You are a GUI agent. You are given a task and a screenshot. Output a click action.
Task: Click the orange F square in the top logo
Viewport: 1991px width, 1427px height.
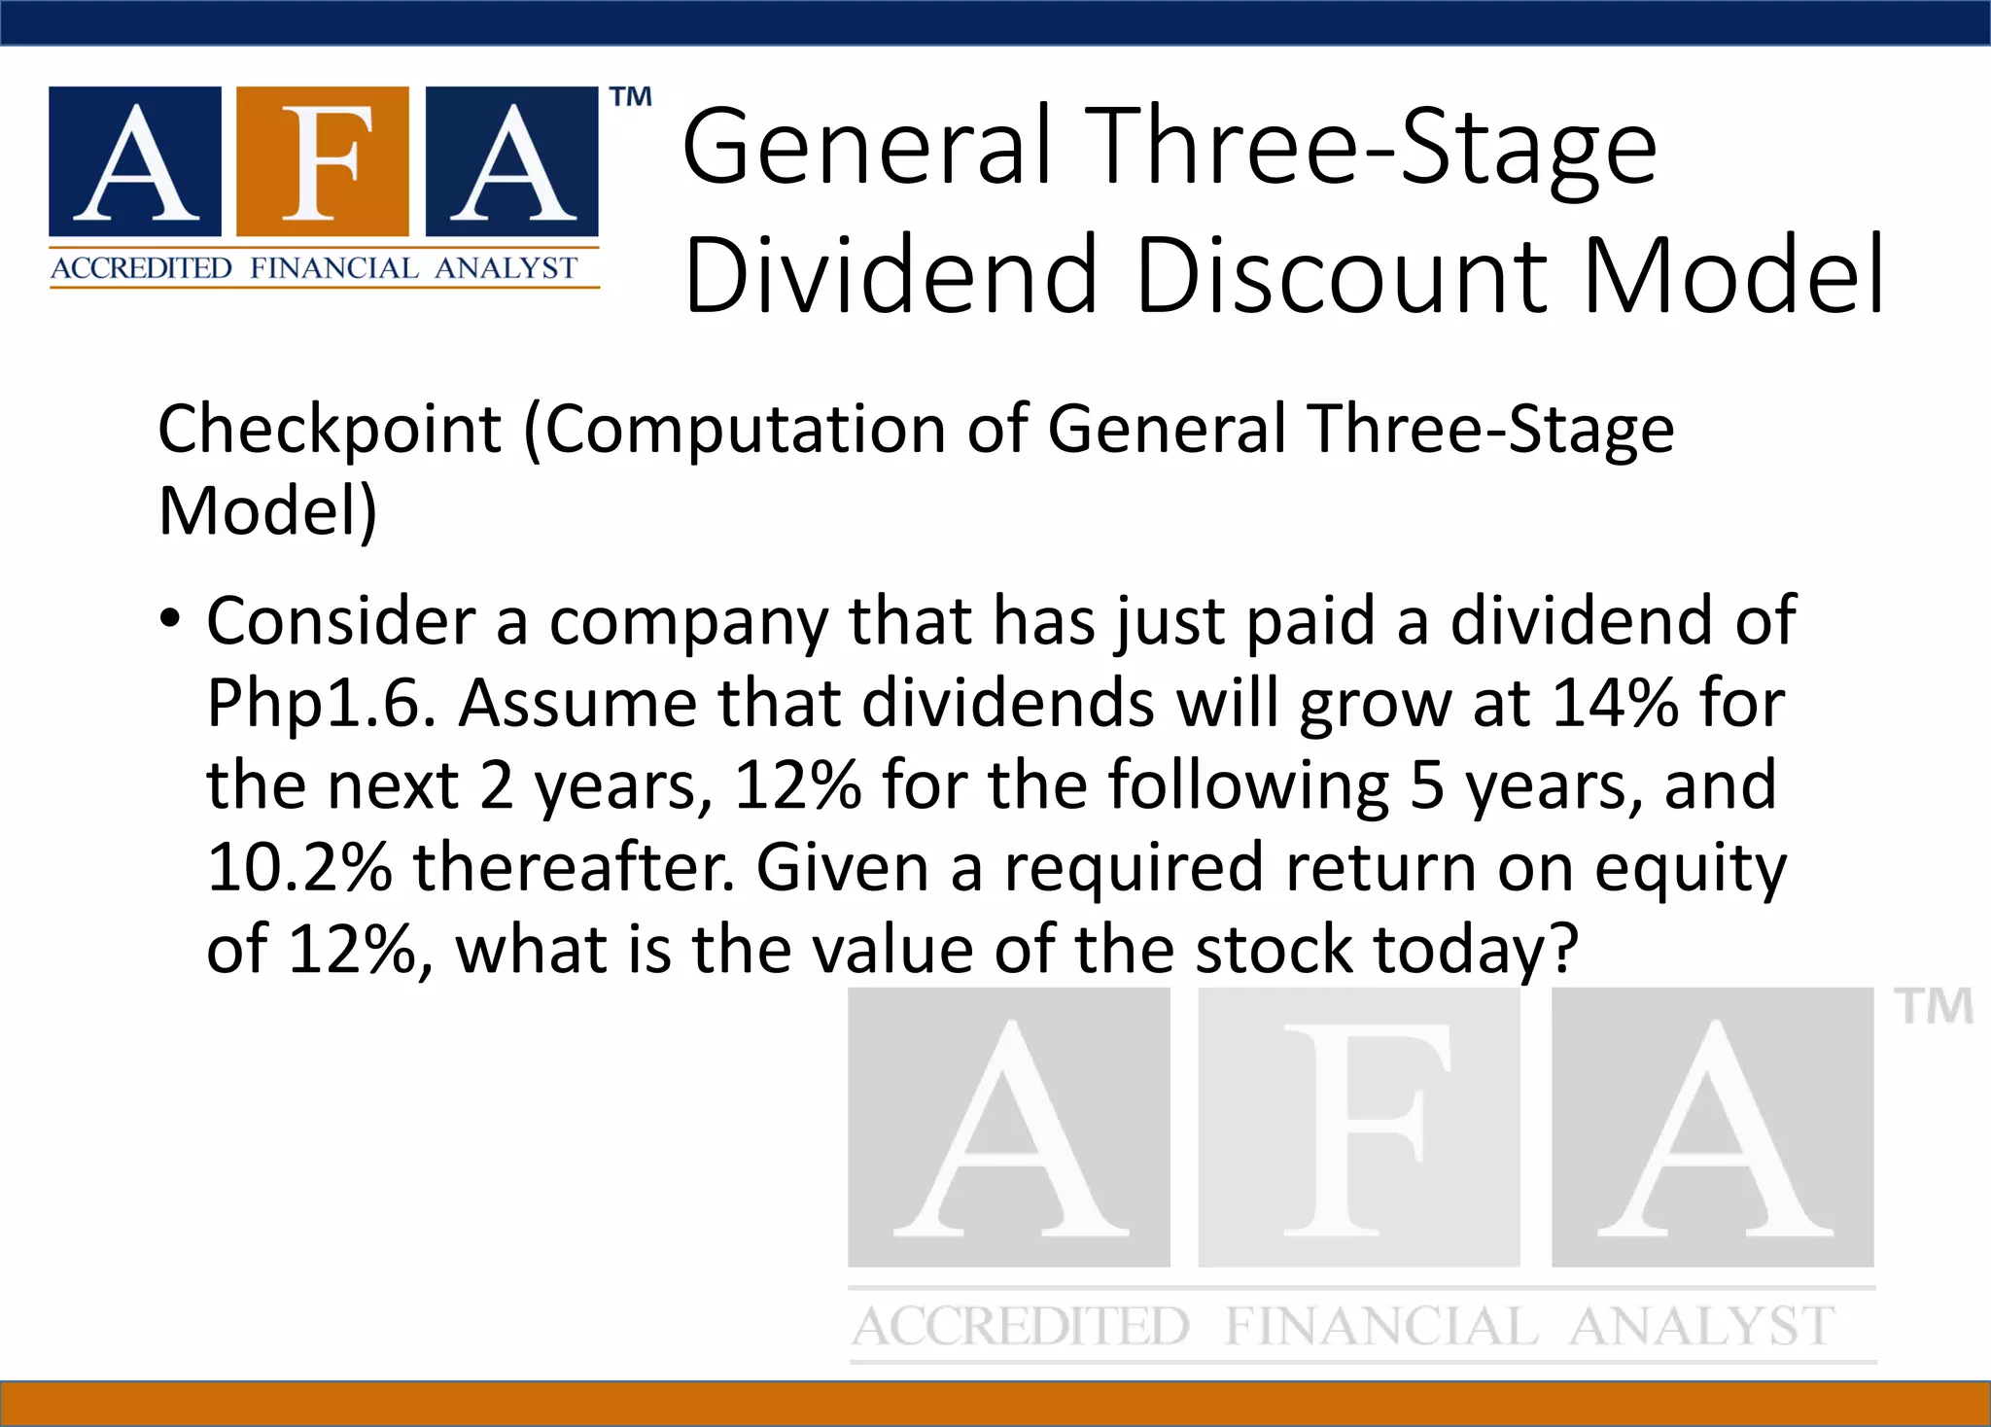click(323, 161)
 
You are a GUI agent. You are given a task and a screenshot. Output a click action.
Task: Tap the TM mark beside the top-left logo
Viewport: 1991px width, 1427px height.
click(631, 97)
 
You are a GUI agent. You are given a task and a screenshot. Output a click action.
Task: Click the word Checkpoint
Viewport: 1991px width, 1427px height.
click(330, 429)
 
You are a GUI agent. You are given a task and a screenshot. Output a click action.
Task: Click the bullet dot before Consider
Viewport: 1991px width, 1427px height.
click(170, 619)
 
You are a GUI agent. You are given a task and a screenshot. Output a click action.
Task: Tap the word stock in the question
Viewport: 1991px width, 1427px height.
click(1274, 949)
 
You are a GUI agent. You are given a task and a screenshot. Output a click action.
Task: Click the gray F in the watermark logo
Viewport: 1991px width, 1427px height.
click(1359, 1128)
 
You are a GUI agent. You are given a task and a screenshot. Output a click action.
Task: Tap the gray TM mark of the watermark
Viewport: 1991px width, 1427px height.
click(1933, 1007)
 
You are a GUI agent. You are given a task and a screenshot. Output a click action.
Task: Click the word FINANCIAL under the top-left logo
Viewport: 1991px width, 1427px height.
click(333, 268)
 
